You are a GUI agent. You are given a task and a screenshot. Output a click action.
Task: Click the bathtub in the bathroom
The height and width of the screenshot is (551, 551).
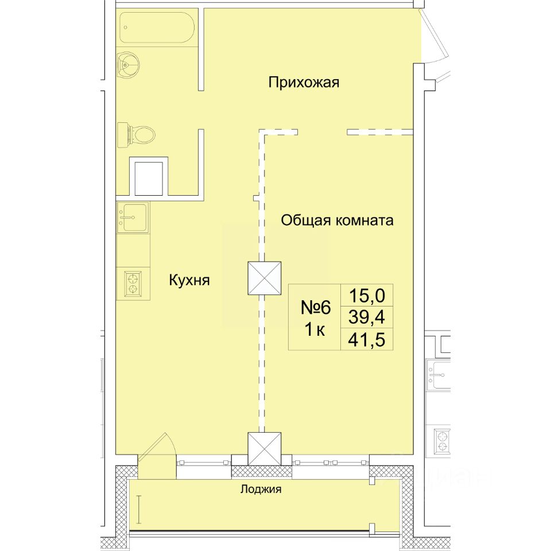157,28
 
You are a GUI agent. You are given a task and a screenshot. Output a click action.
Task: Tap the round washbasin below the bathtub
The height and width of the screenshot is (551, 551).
128,65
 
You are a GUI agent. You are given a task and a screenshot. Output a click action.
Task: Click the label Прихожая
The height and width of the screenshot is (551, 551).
304,83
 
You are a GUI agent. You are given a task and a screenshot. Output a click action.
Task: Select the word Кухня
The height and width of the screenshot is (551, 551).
189,281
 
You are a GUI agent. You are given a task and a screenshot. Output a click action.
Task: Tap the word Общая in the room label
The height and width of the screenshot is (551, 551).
306,220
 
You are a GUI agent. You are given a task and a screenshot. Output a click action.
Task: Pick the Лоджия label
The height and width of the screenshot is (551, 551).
261,489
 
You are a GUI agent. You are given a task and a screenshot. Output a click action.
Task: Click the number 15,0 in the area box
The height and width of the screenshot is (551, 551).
367,296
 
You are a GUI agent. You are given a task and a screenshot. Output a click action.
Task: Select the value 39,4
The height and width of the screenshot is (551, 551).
367,317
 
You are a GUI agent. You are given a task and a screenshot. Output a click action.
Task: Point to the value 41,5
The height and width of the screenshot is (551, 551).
367,340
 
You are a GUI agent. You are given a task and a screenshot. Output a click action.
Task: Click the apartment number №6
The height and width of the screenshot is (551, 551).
316,308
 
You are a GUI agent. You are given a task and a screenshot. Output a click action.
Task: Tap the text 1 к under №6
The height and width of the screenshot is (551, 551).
315,330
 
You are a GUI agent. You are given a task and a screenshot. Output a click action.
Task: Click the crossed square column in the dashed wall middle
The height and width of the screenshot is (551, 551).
264,278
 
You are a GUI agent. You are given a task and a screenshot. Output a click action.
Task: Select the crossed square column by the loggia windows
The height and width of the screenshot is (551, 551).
264,449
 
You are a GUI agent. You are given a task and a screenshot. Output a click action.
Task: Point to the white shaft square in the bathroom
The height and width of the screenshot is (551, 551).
149,178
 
